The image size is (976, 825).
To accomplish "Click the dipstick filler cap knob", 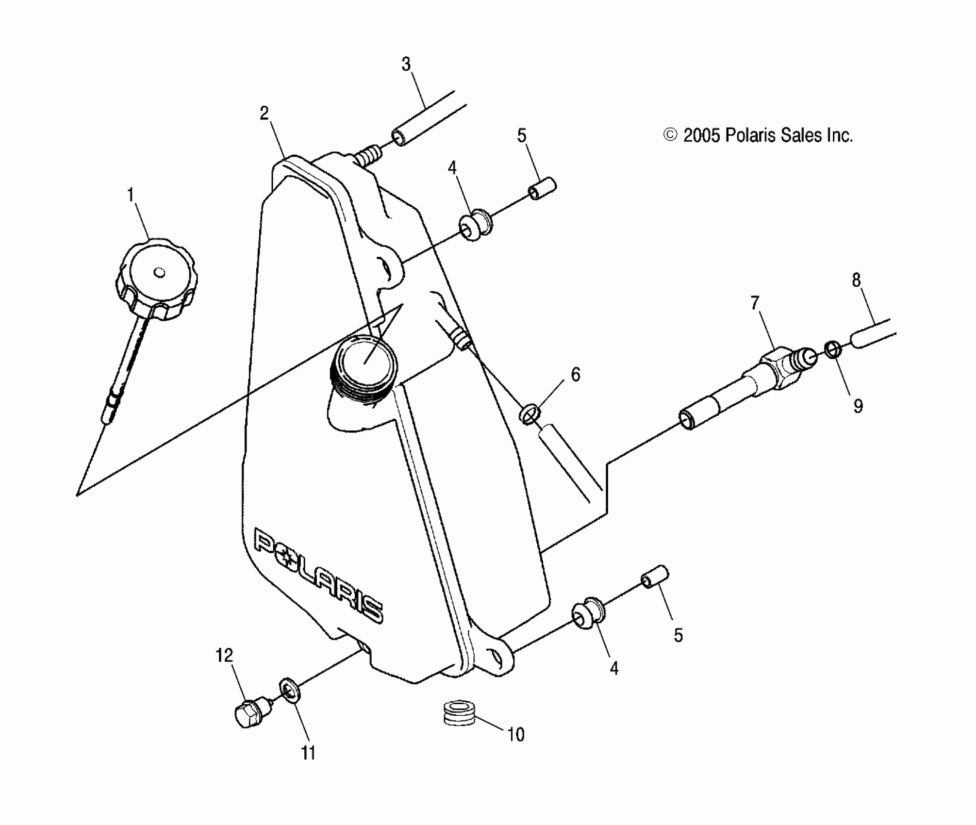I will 156,280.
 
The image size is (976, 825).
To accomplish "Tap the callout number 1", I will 130,196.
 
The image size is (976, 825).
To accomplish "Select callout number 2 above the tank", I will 264,114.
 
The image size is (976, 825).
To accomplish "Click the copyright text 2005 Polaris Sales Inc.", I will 758,135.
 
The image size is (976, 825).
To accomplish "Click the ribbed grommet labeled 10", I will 460,712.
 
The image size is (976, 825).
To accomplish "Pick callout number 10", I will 515,735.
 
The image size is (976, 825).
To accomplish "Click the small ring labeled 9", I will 833,348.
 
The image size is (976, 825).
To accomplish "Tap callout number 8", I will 856,280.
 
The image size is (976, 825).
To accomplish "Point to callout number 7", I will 755,303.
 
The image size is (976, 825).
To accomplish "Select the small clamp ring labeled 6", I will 530,414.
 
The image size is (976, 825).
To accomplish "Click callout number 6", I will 576,375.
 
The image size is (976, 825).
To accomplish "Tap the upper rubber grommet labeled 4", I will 475,225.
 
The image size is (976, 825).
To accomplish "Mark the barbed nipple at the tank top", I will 369,157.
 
